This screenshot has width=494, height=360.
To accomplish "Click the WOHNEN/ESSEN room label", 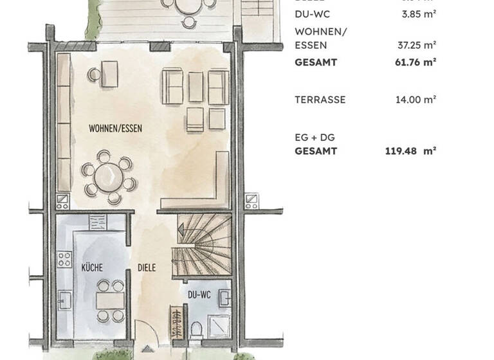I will point(115,129).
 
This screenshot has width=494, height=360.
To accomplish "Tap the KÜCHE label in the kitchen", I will point(92,267).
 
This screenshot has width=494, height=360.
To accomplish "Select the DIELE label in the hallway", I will point(146,267).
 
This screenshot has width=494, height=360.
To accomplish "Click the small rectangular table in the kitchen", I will point(106,300).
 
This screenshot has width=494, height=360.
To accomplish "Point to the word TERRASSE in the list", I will point(320,100).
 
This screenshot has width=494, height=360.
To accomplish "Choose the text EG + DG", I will point(315,138).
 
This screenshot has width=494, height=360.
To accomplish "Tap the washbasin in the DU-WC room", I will point(224,298).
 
